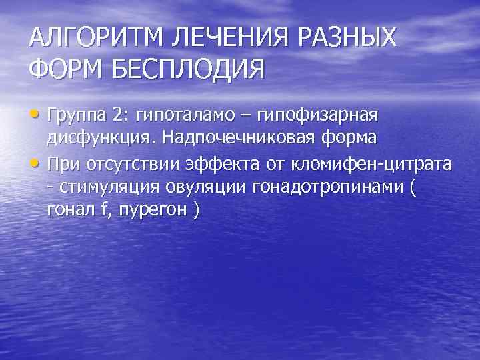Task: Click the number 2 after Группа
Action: pyautogui.click(x=119, y=116)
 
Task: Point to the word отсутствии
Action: pyautogui.click(x=135, y=163)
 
